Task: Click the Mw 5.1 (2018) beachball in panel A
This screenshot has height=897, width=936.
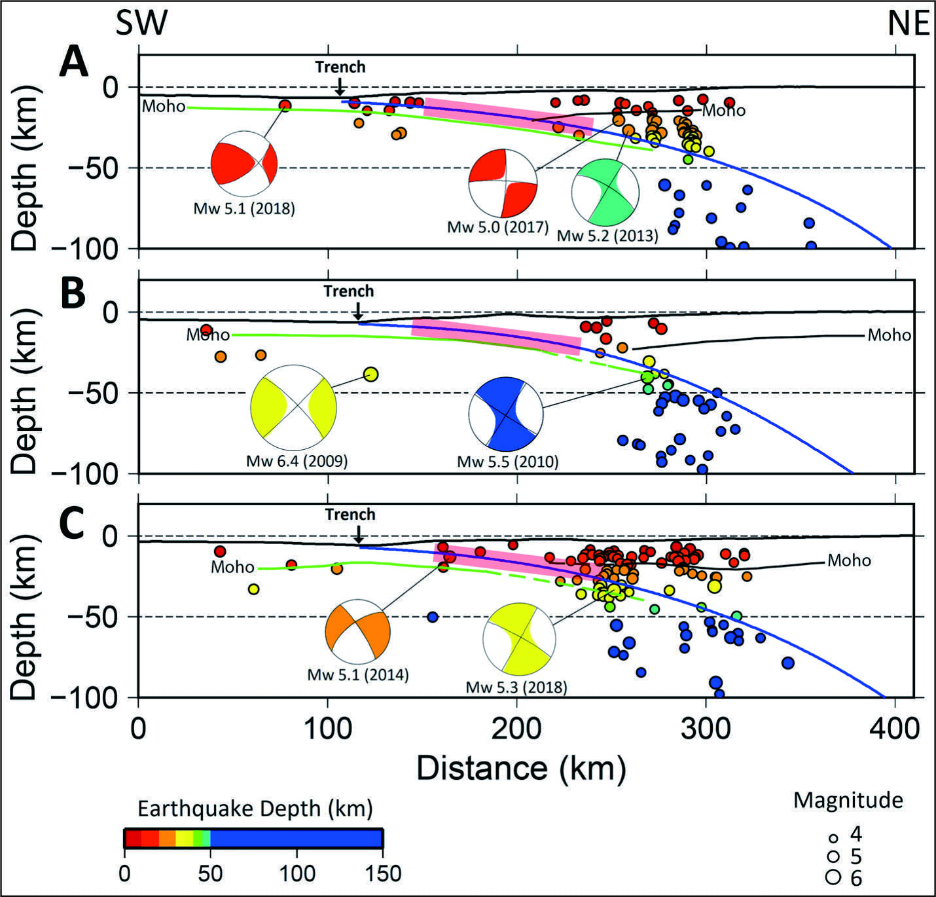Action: (244, 164)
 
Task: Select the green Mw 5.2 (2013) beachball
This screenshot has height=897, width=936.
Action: (605, 192)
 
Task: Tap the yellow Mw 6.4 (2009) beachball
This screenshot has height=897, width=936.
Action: (293, 408)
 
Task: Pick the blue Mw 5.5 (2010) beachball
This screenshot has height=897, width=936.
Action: (506, 413)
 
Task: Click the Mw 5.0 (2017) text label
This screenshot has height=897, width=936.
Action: (498, 227)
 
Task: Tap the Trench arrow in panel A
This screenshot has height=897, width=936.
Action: (340, 86)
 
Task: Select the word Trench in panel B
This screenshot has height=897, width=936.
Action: (349, 291)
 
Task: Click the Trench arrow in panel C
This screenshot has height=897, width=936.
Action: (358, 534)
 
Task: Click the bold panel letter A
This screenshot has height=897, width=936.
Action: (73, 63)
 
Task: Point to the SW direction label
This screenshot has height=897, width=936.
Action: (141, 23)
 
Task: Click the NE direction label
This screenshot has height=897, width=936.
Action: (909, 23)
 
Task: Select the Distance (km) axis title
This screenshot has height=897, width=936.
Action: (522, 767)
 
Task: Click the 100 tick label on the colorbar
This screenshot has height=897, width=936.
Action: (297, 872)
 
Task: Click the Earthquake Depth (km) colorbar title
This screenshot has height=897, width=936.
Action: (255, 808)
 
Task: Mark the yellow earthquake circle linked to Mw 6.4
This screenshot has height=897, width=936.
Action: (371, 374)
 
